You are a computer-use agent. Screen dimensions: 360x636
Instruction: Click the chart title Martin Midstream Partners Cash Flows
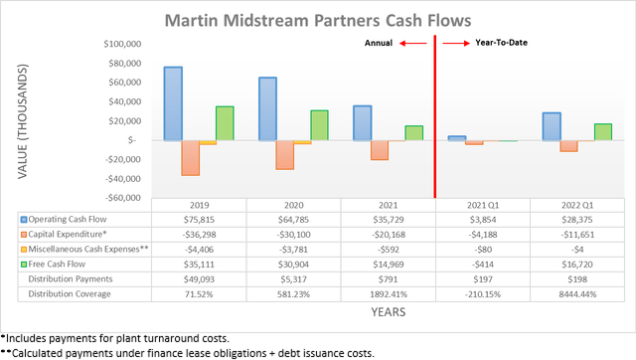317,19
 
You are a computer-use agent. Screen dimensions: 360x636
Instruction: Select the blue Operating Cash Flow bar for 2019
173,103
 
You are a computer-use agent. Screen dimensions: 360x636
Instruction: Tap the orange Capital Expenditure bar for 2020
284,154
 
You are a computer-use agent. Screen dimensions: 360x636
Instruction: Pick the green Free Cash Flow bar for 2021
387,133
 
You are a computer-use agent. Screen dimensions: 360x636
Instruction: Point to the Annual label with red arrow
394,44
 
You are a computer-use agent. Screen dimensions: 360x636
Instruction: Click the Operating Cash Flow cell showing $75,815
197,219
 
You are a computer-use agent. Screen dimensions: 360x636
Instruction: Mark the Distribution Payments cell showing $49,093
197,278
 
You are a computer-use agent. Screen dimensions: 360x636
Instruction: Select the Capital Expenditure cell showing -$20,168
387,234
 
